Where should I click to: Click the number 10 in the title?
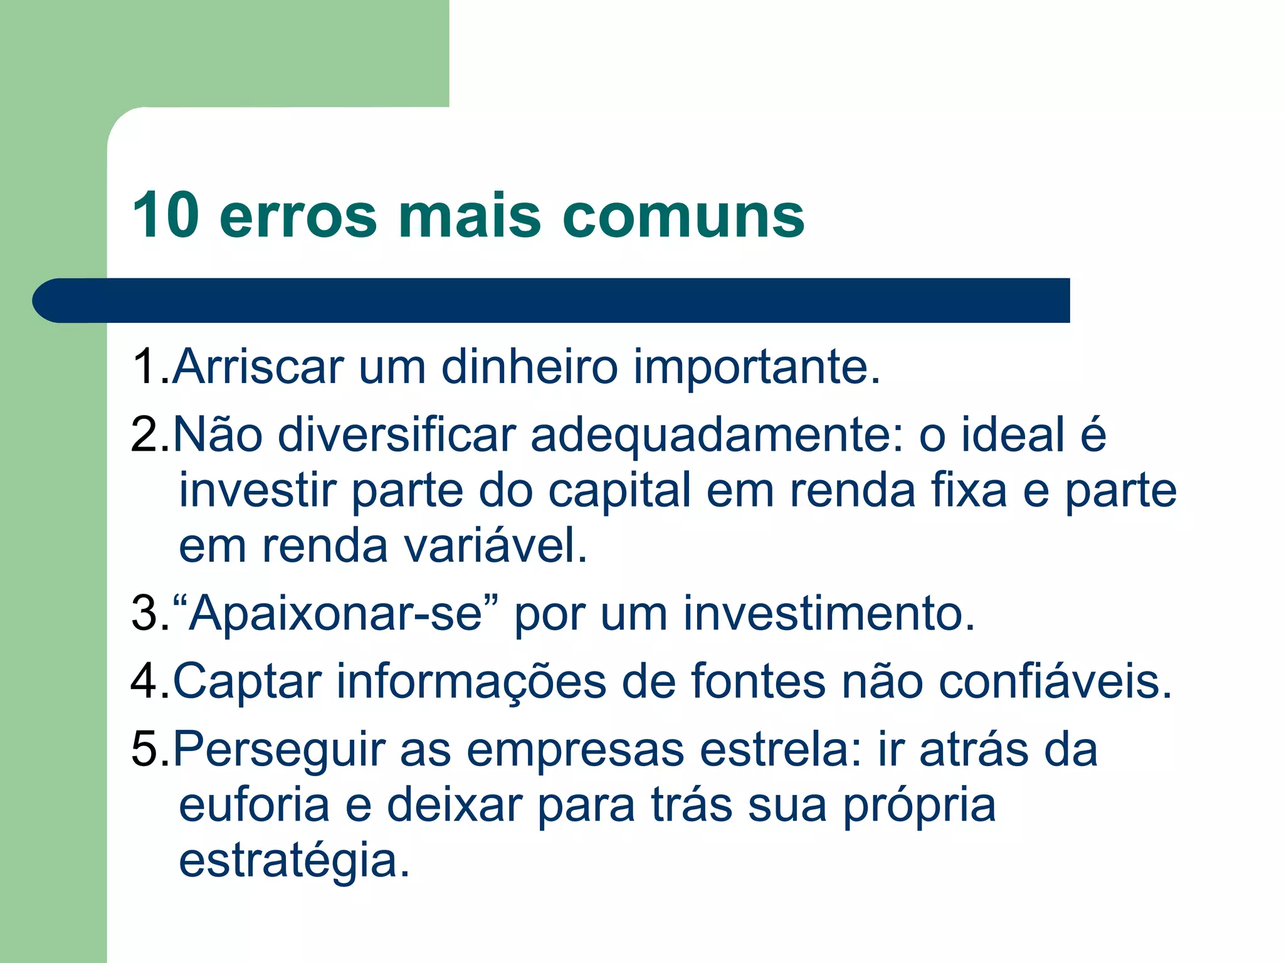pyautogui.click(x=166, y=215)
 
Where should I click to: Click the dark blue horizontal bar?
pyautogui.click(x=552, y=300)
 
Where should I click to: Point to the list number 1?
pyautogui.click(x=145, y=366)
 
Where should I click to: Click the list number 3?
pyautogui.click(x=145, y=613)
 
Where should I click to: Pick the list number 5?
pyautogui.click(x=145, y=749)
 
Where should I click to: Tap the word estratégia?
pyautogui.click(x=294, y=861)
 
